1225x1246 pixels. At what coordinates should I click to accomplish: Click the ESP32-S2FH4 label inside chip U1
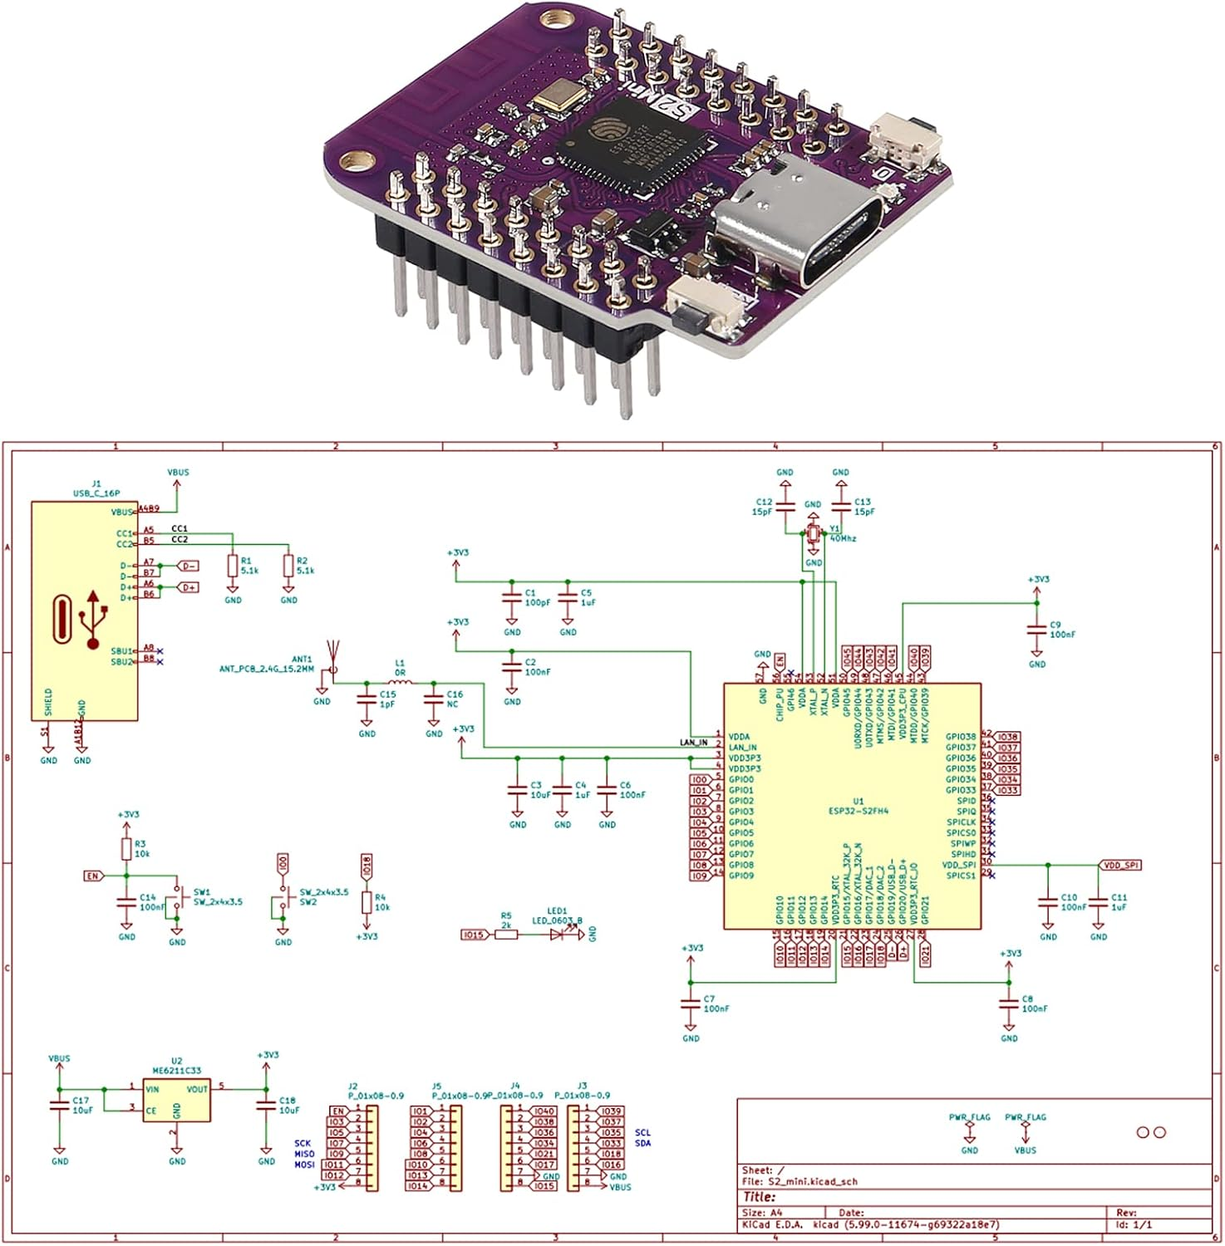click(x=858, y=811)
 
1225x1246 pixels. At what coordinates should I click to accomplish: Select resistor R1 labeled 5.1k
click(x=233, y=567)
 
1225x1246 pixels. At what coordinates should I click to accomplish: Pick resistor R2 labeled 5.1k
click(x=288, y=567)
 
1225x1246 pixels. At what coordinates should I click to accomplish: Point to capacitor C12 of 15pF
click(x=785, y=506)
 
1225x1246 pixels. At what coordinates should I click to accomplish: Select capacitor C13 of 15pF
click(x=841, y=506)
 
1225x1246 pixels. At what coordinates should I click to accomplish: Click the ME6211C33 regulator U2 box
click(x=176, y=1100)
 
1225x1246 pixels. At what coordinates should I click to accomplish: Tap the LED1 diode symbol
click(x=558, y=934)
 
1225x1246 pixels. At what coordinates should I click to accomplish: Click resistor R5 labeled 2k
click(x=506, y=934)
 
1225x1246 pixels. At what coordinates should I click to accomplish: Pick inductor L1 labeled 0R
click(x=400, y=683)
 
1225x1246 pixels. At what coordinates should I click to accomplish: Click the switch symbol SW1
click(x=177, y=902)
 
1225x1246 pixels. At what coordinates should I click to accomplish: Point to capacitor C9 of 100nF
click(x=1036, y=629)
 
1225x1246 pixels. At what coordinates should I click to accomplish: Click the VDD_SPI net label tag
click(x=1120, y=865)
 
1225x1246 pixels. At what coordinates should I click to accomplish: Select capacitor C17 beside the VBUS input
click(x=60, y=1106)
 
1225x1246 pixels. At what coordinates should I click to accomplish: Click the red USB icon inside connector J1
click(x=93, y=620)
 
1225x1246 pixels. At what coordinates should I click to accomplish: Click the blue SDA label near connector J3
click(x=642, y=1143)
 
